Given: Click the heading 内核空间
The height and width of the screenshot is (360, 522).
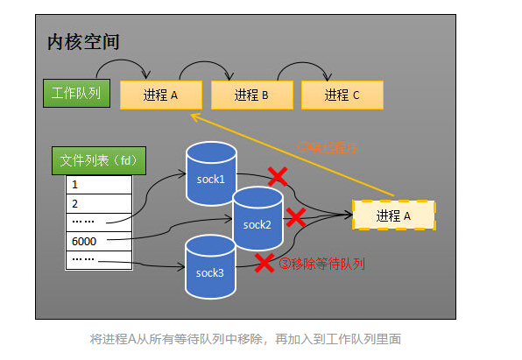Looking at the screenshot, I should [x=83, y=42].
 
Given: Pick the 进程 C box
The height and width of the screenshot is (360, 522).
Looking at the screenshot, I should [x=342, y=95].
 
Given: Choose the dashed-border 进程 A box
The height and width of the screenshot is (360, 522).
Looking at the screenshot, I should [x=393, y=215].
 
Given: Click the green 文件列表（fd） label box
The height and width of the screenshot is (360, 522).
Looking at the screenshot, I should [x=96, y=161].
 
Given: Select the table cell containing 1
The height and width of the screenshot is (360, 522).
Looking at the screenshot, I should [x=98, y=185].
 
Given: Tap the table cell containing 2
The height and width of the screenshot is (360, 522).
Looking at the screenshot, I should [x=98, y=203].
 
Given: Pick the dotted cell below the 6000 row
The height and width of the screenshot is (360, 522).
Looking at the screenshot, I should [x=98, y=259].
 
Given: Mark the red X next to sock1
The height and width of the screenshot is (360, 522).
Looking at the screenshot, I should [x=278, y=178].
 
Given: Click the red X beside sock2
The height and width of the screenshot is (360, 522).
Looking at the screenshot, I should [x=296, y=215].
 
